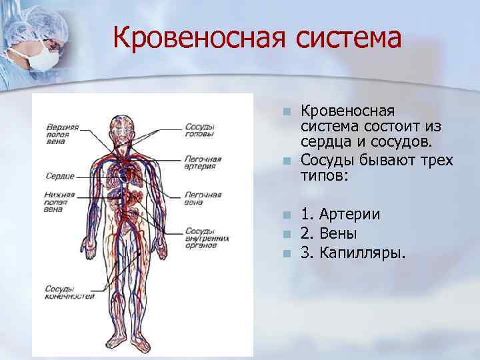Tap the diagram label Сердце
pos(59,176)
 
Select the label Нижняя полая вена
pos(60,201)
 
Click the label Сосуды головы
pos(199,130)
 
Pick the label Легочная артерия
pos(204,163)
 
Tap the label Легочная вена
pos(203,198)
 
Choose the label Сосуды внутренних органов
pos(207,237)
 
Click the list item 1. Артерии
pos(341,215)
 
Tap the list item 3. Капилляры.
pos(353,253)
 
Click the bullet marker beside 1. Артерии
pos(286,215)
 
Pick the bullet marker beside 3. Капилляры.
pos(286,254)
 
